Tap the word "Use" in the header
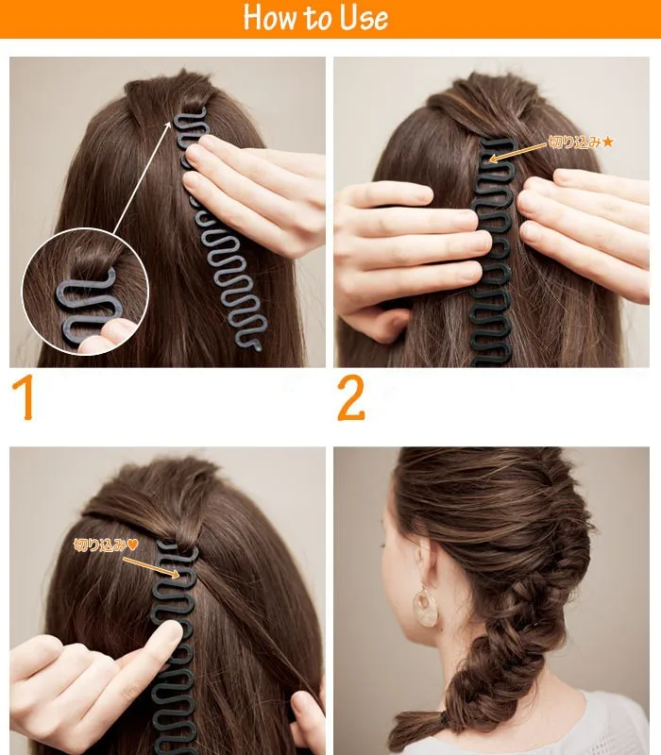tap(364, 18)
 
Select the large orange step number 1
tap(23, 397)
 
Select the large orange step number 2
tap(350, 397)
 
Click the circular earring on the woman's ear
tap(426, 607)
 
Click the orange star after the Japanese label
tap(607, 142)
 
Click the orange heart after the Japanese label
tap(132, 545)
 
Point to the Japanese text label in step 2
tap(575, 143)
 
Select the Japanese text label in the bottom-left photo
tap(100, 545)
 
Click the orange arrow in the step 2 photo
tap(517, 152)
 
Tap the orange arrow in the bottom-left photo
tap(151, 567)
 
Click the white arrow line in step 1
tap(142, 177)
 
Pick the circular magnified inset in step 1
tap(85, 292)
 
